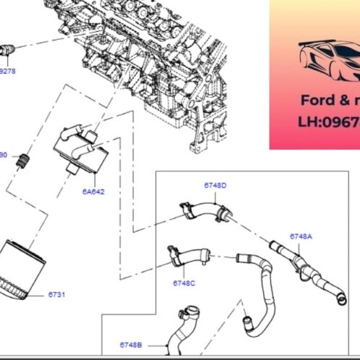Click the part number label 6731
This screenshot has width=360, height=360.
(56, 295)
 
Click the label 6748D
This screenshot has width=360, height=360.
(215, 186)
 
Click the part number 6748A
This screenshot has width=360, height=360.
(301, 236)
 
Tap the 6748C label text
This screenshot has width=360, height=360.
(184, 283)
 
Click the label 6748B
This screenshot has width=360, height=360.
(131, 345)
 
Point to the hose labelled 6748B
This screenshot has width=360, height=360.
(181, 337)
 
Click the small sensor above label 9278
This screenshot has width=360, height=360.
(9, 51)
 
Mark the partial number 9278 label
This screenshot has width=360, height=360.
(7, 72)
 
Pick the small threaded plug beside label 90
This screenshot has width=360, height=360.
(25, 159)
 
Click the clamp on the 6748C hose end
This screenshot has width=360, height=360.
(173, 254)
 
